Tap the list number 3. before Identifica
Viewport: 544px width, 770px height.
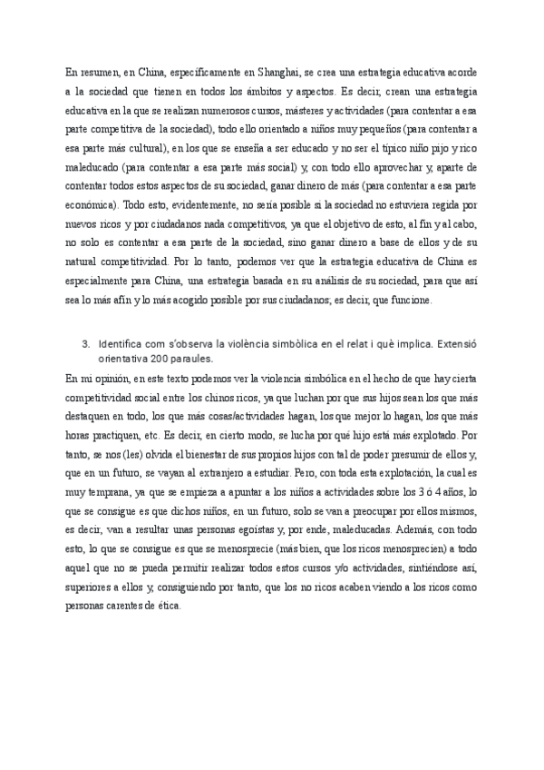(x=86, y=345)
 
